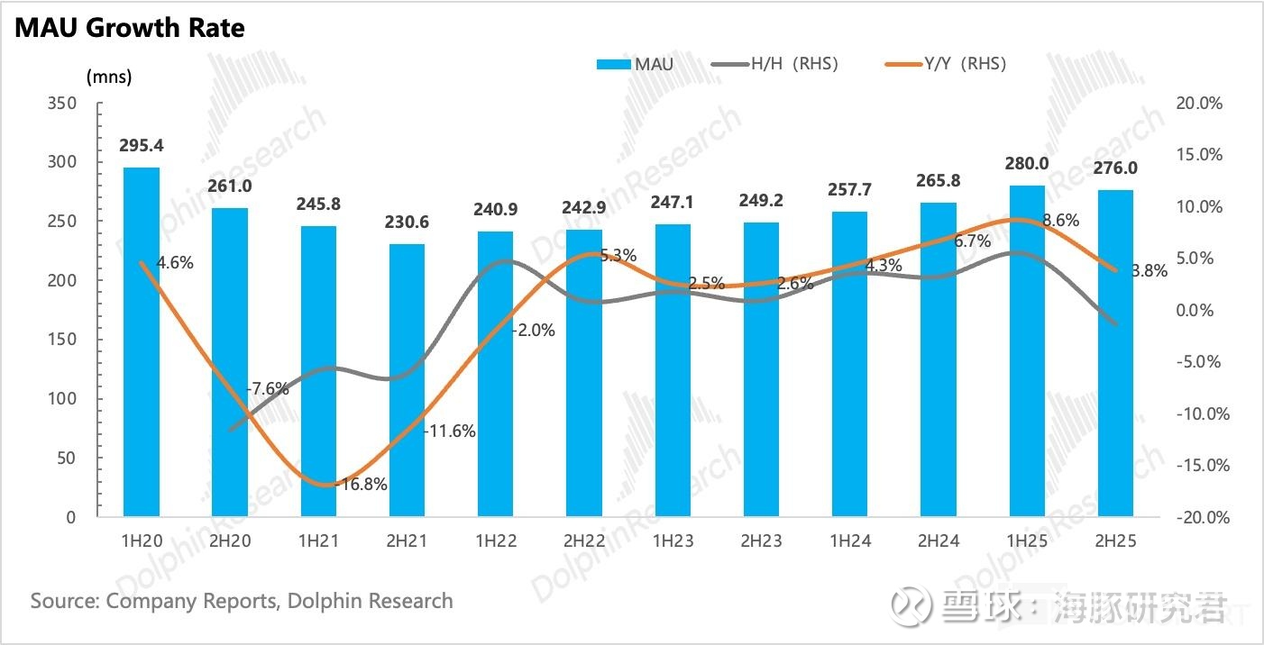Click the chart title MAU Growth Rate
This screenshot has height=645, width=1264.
coord(130,28)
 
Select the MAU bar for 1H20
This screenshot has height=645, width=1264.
coord(142,342)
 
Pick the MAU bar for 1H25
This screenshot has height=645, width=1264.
coord(1027,351)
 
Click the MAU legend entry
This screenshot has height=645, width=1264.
coord(635,64)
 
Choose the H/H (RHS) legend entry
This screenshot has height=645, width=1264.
coord(775,64)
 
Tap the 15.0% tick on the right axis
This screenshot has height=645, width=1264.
coord(1200,155)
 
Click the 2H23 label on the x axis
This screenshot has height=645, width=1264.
coord(761,541)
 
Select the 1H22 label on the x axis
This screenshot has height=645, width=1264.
coord(495,541)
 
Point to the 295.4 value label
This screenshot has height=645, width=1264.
coord(142,146)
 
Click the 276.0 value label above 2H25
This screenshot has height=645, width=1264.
coord(1115,168)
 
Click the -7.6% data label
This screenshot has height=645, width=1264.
coord(267,389)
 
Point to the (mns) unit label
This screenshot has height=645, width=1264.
coord(109,77)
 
